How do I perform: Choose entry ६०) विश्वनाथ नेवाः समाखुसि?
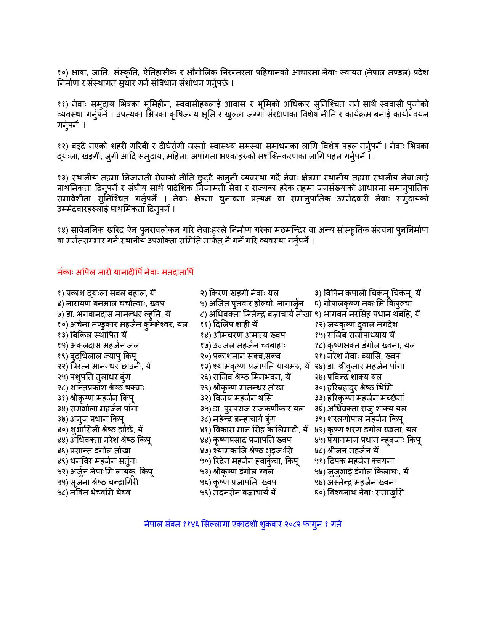click(359, 492)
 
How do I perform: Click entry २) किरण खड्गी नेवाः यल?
click(239, 293)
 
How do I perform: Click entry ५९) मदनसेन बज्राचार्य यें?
click(238, 492)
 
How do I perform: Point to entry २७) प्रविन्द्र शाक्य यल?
click(348, 377)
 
